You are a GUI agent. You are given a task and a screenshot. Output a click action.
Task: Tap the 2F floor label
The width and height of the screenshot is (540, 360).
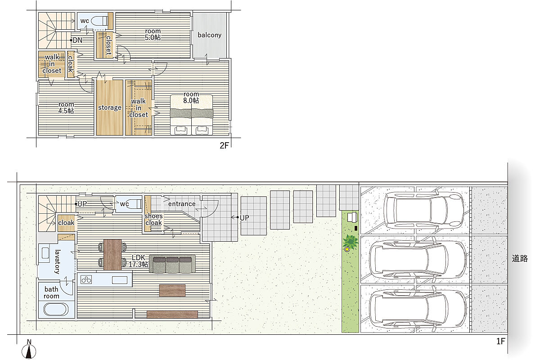(224, 145)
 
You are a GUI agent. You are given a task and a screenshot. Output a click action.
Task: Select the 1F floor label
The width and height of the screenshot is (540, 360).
(500, 341)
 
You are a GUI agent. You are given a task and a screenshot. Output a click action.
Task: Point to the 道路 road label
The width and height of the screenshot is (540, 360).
(520, 258)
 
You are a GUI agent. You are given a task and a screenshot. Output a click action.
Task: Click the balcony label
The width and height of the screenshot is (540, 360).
(210, 35)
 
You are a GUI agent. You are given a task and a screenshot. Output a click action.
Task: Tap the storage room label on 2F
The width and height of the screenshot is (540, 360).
(110, 108)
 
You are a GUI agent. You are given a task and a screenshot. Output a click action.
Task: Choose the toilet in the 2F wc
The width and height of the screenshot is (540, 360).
(99, 21)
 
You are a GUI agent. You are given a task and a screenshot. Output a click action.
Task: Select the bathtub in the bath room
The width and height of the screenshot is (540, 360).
(56, 309)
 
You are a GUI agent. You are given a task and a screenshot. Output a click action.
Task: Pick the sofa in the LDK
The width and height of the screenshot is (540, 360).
(172, 264)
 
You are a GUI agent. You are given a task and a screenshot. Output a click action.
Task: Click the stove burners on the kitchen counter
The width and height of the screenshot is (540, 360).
(86, 280)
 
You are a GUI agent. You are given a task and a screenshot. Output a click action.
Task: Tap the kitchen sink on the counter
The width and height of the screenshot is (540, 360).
(120, 280)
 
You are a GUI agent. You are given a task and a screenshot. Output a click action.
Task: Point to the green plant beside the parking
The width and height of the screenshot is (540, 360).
(350, 241)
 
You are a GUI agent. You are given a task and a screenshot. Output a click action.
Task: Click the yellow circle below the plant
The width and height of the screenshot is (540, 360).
(347, 249)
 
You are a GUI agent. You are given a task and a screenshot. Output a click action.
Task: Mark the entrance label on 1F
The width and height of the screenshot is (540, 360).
(182, 204)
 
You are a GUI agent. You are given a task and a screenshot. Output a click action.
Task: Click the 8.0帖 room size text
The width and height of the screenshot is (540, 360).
(191, 100)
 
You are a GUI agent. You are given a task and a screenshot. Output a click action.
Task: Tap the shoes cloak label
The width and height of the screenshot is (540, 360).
(153, 219)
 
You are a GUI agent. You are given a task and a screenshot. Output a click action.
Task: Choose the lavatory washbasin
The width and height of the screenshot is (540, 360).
(45, 253)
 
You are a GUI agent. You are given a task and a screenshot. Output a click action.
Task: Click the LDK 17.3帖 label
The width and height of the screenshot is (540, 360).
(139, 261)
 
